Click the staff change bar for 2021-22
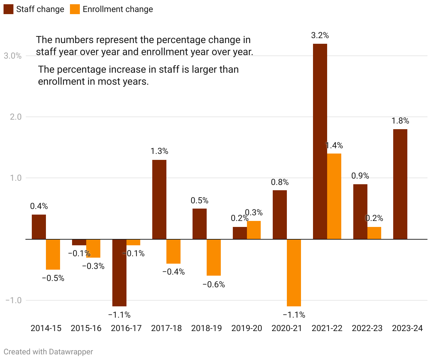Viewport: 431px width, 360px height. tap(320, 141)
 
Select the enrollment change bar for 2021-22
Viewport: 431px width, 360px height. tap(334, 196)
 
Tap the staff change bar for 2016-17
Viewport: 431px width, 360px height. tap(119, 272)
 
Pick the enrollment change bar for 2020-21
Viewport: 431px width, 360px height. tap(294, 272)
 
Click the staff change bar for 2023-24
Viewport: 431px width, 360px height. tap(400, 184)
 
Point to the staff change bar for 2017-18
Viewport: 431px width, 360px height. tap(159, 199)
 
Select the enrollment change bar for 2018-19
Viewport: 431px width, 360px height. tap(213, 257)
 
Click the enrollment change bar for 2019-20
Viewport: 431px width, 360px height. tap(254, 230)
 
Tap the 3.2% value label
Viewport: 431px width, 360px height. tap(320, 35)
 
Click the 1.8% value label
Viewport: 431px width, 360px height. tap(400, 121)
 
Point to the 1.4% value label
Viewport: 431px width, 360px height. tap(334, 145)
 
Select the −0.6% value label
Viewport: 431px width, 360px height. tap(213, 284)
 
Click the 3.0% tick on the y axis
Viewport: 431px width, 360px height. tap(13, 56)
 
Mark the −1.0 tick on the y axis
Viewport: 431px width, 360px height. tap(13, 300)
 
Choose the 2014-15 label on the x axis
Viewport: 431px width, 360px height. tap(46, 328)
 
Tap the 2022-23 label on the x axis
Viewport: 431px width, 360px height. tap(367, 328)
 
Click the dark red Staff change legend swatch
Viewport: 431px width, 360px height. tap(8, 9)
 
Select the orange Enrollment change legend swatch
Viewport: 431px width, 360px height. tap(75, 9)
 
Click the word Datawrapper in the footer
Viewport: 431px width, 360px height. tap(71, 352)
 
